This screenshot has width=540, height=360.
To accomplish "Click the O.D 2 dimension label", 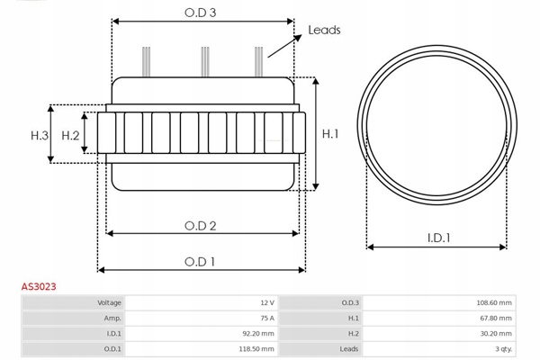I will pyautogui.click(x=201, y=225).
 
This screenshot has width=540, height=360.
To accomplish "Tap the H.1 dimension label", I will pyautogui.click(x=330, y=134).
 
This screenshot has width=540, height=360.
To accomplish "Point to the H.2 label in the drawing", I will pyautogui.click(x=71, y=135).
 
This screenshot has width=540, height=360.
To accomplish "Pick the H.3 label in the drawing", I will pyautogui.click(x=39, y=135).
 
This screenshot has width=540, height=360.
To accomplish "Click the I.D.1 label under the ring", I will pyautogui.click(x=439, y=238).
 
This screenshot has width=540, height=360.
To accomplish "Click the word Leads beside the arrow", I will pyautogui.click(x=324, y=30).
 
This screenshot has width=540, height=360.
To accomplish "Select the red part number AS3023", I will pyautogui.click(x=39, y=286).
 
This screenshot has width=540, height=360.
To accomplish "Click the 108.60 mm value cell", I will pyautogui.click(x=494, y=303).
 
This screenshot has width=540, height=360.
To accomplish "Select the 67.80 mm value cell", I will pyautogui.click(x=496, y=319).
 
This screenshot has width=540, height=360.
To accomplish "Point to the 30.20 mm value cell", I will pyautogui.click(x=496, y=334).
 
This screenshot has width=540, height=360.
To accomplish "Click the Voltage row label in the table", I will pyautogui.click(x=109, y=303).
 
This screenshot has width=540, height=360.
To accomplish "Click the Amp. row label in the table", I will pyautogui.click(x=112, y=319).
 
